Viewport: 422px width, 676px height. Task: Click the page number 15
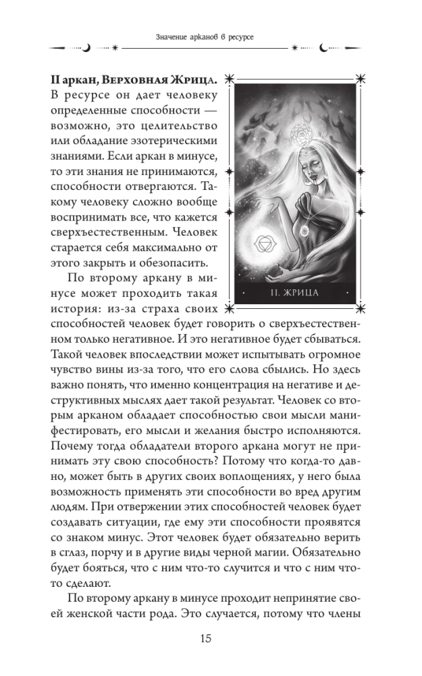(x=210, y=639)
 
